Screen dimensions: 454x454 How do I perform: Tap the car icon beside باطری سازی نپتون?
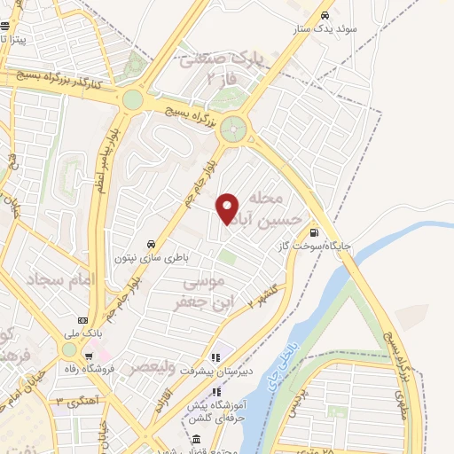coord(152,244)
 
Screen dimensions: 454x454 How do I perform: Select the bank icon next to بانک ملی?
coord(82,321)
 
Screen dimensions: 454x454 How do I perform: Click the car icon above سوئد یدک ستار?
coord(325,15)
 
